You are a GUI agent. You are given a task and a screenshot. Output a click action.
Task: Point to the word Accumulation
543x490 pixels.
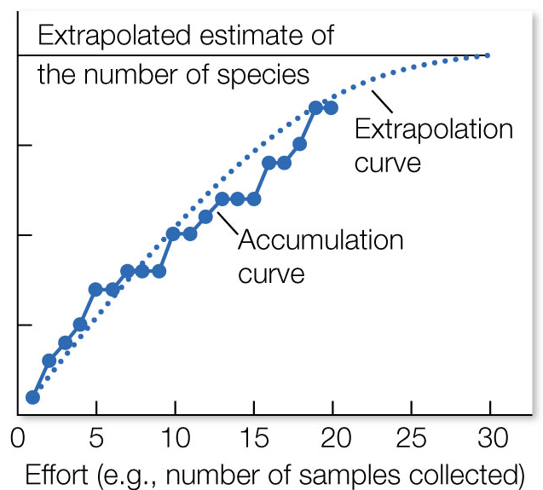tap(321, 239)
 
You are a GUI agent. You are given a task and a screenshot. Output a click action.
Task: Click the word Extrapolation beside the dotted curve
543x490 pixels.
tap(434, 130)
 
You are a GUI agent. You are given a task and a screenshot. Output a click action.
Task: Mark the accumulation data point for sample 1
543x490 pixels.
tap(33, 397)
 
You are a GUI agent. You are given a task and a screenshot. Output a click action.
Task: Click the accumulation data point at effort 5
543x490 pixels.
tap(95, 289)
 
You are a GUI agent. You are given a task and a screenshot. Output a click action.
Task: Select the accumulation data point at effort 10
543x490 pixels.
tap(174, 233)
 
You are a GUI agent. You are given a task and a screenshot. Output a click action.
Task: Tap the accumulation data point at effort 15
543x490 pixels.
tap(253, 199)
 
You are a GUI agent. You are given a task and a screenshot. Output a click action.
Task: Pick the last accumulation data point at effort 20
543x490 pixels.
tap(332, 107)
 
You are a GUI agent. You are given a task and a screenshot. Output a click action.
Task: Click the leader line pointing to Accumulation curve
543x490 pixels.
tap(227, 221)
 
